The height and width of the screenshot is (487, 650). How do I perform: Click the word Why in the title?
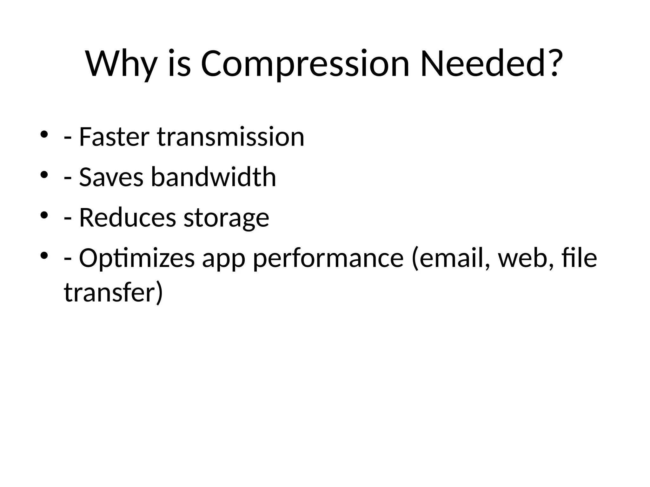point(121,64)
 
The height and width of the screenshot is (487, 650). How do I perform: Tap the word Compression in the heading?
point(305,64)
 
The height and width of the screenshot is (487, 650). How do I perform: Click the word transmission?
point(231,137)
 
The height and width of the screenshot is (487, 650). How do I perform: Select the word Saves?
point(111,177)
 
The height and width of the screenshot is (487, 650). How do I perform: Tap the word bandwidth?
point(213,177)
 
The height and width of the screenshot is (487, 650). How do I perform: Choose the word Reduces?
point(127,218)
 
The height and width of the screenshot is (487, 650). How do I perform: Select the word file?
point(579,258)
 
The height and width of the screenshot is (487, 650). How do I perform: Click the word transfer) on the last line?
point(113,292)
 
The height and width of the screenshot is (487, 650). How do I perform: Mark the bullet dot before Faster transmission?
point(44,134)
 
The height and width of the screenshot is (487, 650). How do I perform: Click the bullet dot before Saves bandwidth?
point(44,175)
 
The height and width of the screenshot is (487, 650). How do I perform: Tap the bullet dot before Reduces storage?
point(44,215)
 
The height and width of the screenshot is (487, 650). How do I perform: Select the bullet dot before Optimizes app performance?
point(44,256)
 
